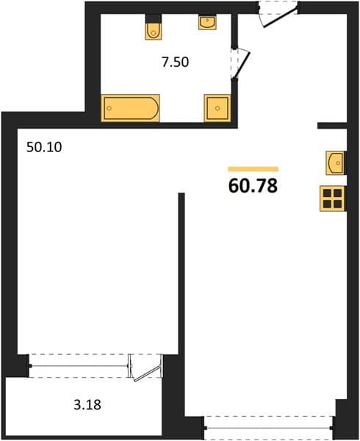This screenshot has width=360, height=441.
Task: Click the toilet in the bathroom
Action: pos(154,30)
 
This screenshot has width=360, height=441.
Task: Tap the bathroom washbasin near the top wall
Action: pos(207,23)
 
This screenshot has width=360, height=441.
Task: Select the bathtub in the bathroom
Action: pos(130,108)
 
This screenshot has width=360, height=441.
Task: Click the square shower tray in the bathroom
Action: pos(217,108)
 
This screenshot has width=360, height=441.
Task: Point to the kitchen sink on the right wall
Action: pos(335,163)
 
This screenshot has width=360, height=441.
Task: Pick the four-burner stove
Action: pos(333,198)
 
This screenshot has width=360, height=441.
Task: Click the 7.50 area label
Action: pos(175,62)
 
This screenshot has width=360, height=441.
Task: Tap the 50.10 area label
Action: pos(44,147)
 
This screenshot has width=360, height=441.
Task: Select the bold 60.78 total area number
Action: pos(253,186)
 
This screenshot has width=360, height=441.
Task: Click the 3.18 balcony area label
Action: pos(87,405)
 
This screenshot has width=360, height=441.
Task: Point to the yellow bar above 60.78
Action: pos(253,169)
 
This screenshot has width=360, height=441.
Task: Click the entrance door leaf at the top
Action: pos(280,18)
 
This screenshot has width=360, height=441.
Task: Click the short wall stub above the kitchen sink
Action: pos(332,126)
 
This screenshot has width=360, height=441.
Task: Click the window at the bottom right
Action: pos(269,428)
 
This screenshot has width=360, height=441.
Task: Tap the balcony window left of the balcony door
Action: pos(79,366)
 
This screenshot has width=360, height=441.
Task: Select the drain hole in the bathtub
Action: pos(109,108)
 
